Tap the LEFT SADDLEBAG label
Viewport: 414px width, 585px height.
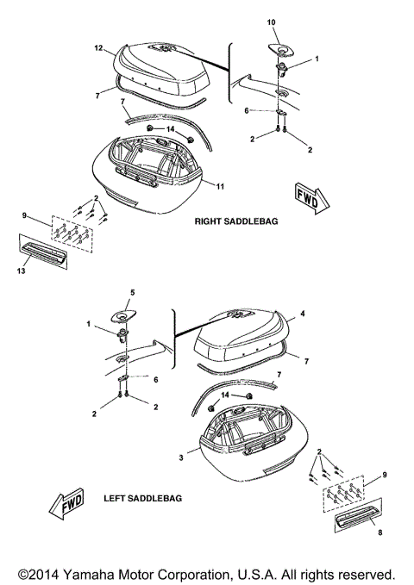[x=139, y=499]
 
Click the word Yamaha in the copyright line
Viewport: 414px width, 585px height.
[x=97, y=572]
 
